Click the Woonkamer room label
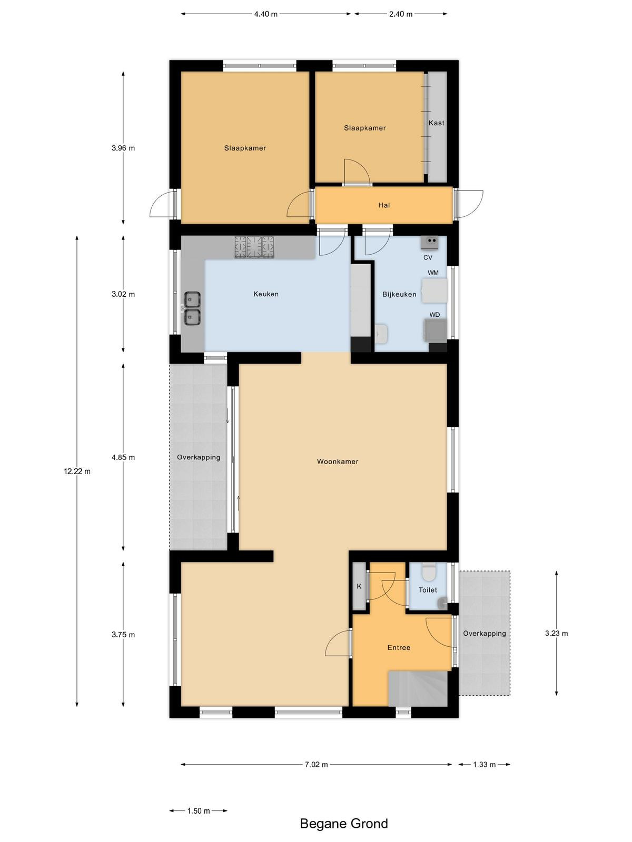pos(337,462)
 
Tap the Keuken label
pos(266,294)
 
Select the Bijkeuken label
pos(399,294)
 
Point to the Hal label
pos(384,205)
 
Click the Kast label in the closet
pos(436,123)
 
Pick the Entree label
pos(399,647)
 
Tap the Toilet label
pos(428,590)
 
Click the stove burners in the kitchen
pos(255,247)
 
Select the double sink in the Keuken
pos(192,308)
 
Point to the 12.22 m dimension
pos(77,472)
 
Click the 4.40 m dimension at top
pos(265,14)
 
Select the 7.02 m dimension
pos(316,764)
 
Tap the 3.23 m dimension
pos(556,633)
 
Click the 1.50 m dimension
pos(199,810)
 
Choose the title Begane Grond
pos(344,823)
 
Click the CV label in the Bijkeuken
pos(428,257)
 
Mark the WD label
pos(434,315)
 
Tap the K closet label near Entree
pos(359,586)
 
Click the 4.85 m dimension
pos(123,457)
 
